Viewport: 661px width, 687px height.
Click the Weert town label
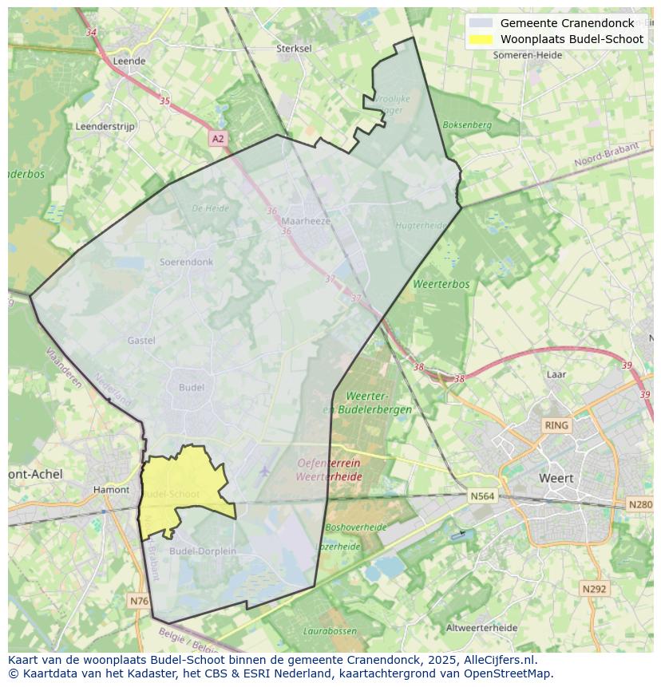pos(556,478)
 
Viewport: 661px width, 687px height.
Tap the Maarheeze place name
pos(306,221)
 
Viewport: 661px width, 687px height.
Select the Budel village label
pos(192,387)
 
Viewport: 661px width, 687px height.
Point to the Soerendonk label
pos(186,262)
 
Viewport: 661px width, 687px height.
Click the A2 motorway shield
pos(218,139)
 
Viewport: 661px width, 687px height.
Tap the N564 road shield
pos(482,496)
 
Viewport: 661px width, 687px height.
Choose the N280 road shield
pos(640,504)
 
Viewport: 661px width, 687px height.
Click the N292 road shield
pos(594,589)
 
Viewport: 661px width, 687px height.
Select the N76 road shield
pos(138,600)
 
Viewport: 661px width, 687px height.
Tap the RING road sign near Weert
pos(556,425)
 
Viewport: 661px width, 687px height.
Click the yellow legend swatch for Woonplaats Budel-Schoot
pos(481,39)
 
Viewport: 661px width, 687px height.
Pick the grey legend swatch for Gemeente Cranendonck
pos(481,23)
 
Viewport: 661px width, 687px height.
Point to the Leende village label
pos(129,61)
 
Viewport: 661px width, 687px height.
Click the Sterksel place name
pos(294,48)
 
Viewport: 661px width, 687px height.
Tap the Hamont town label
pos(111,490)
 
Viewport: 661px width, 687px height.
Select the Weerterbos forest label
pos(441,284)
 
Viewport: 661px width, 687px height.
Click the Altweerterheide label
pos(481,628)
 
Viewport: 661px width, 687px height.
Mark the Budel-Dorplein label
pos(203,551)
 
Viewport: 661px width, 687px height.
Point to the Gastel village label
pos(141,341)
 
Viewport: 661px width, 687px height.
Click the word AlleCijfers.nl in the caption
pos(501,660)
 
